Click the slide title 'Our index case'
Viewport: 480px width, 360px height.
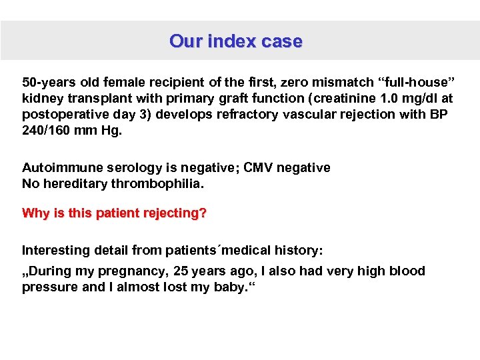(x=236, y=41)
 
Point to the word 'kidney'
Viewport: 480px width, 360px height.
(x=42, y=99)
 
